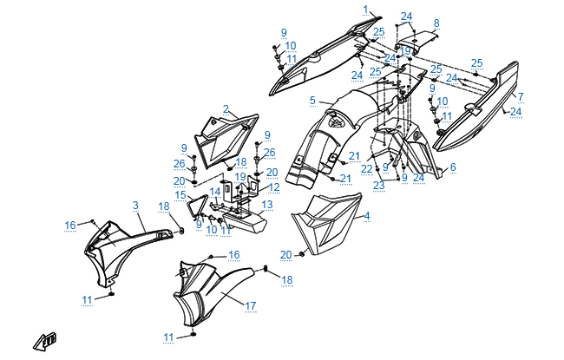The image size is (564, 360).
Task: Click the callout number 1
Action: tap(365, 10)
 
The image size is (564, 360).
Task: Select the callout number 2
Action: tap(226, 109)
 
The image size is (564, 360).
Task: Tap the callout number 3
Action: tap(135, 205)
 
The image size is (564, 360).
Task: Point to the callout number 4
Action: tap(366, 216)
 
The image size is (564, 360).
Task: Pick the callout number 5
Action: tap(312, 101)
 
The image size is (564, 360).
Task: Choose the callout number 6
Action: tap(452, 167)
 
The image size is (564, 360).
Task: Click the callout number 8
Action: tap(436, 23)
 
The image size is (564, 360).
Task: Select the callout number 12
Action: tap(273, 187)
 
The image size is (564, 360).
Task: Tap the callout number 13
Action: tap(267, 205)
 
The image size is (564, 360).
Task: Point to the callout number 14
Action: tap(214, 191)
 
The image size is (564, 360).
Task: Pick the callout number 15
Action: tap(180, 196)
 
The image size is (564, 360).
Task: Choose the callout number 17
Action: tap(250, 305)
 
